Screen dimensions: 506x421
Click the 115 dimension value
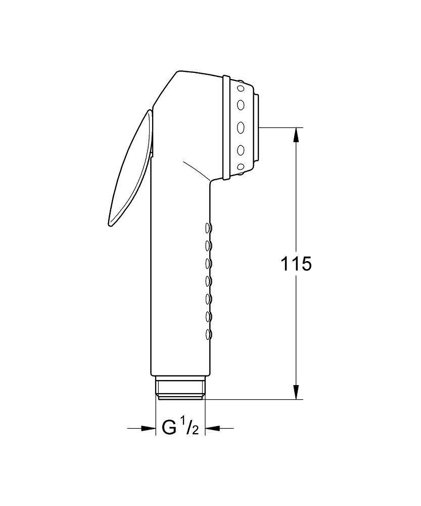(296, 264)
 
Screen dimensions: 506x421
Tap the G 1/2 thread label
(180, 428)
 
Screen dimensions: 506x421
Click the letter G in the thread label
(169, 428)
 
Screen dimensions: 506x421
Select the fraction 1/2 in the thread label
(191, 428)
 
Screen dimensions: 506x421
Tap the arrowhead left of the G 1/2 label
(149, 429)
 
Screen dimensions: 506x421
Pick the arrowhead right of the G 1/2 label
(211, 429)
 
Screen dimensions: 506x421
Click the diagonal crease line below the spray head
(197, 171)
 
